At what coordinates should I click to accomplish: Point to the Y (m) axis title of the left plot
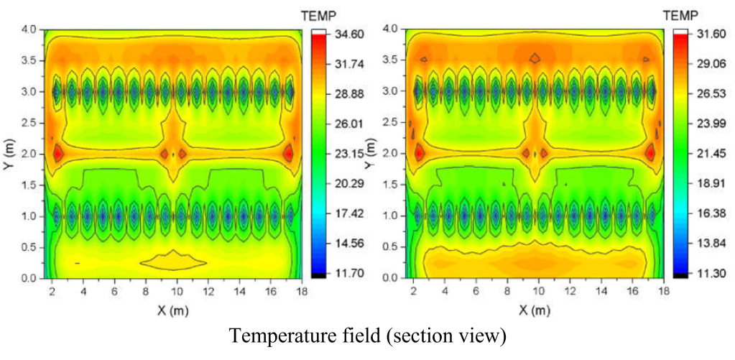point(9,153)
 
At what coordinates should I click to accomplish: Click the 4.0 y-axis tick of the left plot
point(28,29)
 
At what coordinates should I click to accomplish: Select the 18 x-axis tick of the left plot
point(302,292)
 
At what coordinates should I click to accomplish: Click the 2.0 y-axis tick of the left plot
point(28,153)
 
